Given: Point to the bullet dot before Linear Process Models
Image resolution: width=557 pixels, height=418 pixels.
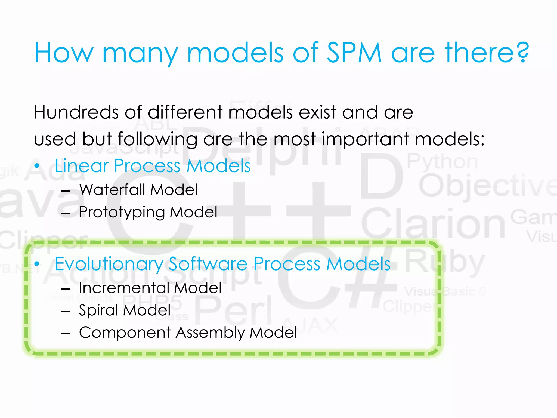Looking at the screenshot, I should pyautogui.click(x=37, y=166).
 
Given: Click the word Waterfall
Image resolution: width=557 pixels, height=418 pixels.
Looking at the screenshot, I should pyautogui.click(x=112, y=190).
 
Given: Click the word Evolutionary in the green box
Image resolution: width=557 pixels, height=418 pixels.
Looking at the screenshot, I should pyautogui.click(x=109, y=264).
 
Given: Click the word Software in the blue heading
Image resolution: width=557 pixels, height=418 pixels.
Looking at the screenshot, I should pyautogui.click(x=208, y=264).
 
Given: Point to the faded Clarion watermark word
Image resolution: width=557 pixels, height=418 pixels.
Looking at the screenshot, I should pyautogui.click(x=433, y=223).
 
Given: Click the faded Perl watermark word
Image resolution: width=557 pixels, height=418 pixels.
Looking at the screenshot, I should pyautogui.click(x=233, y=310).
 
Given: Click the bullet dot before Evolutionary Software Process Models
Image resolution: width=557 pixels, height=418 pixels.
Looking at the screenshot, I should pyautogui.click(x=37, y=264).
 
